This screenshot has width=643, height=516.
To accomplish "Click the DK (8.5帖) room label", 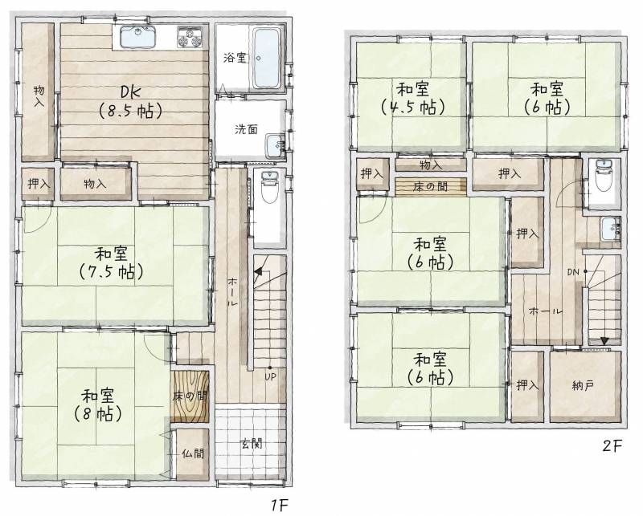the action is click(x=129, y=102).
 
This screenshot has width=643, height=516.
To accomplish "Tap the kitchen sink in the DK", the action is click(x=137, y=36).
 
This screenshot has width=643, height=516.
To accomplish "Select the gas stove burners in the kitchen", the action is click(x=190, y=36).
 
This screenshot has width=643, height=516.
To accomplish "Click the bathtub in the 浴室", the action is click(x=267, y=58).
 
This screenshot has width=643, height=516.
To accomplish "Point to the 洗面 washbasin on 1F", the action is click(x=275, y=146).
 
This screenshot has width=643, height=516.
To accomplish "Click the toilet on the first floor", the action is click(x=269, y=188).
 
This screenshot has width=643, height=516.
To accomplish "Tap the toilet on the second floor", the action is click(x=604, y=176).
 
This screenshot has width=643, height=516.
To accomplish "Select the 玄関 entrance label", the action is click(x=251, y=444).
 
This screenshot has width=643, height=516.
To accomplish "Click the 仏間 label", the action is click(x=193, y=453).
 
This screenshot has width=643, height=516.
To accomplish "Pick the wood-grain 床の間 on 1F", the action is click(x=190, y=396).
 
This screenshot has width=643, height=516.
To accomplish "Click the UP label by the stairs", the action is click(x=270, y=376).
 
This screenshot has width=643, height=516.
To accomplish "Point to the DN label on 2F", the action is click(x=573, y=271).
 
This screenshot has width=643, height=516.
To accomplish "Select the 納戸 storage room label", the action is click(x=583, y=385).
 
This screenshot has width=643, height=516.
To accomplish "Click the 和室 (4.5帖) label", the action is click(x=412, y=99).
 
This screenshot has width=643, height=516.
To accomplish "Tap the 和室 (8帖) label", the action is click(x=97, y=405).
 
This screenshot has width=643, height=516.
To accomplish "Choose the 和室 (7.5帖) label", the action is click(x=110, y=262).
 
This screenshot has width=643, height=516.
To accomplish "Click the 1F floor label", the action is click(x=280, y=506).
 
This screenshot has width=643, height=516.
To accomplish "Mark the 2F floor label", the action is click(x=612, y=445).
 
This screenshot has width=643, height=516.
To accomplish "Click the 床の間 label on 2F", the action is click(x=430, y=187).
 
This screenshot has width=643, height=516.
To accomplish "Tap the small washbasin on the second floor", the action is click(x=609, y=229).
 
